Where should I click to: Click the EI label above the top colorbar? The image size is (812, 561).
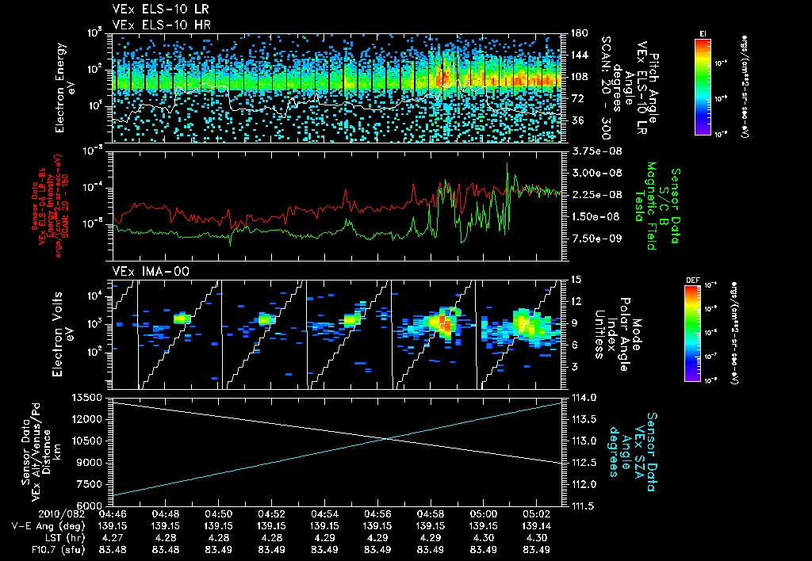[703, 32]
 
